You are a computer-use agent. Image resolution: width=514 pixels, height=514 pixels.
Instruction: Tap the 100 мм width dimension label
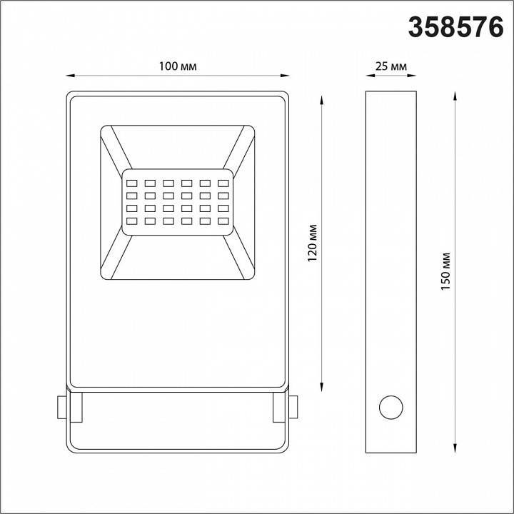pos(178,66)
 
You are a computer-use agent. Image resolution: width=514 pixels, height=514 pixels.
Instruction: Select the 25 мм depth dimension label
pos(390,66)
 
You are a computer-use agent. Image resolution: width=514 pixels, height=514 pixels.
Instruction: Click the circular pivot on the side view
pos(390,408)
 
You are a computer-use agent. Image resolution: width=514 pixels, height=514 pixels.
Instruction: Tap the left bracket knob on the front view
pos(61,408)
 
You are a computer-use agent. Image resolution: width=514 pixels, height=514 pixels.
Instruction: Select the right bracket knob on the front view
pos(293,408)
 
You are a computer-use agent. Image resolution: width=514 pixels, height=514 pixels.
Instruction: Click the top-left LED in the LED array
pos(132,180)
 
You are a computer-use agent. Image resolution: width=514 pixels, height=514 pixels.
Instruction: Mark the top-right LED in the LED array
pos(223,180)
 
